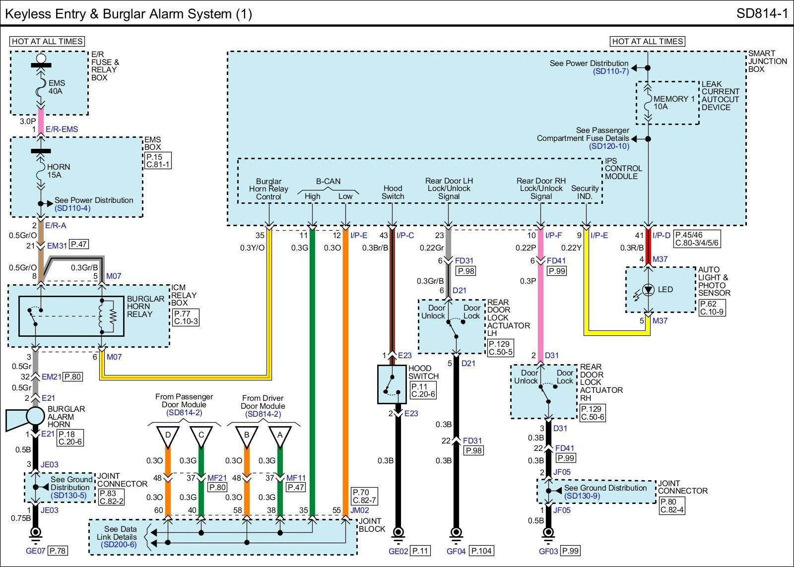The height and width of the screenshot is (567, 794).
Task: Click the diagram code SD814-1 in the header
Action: point(762,13)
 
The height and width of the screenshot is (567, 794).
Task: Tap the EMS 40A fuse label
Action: point(57,87)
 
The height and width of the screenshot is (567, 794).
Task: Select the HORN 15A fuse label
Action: point(59,171)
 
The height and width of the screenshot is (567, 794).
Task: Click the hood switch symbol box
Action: point(392,384)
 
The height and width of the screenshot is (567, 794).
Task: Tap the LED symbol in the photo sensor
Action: point(648,290)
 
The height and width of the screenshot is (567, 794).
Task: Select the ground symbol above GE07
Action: point(35,535)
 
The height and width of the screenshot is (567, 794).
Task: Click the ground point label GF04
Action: point(456,552)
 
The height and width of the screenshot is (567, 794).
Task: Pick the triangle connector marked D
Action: point(168,437)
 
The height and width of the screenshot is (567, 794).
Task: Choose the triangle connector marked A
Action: point(280,437)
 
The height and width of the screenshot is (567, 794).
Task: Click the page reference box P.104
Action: point(482,551)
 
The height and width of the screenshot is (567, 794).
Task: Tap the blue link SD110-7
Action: point(611,71)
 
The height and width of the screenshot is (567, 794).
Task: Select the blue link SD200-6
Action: point(119,545)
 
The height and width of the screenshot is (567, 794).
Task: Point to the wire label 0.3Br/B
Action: point(375,248)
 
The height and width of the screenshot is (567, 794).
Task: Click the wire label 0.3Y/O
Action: point(253,248)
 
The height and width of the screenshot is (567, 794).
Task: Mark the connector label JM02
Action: point(360,510)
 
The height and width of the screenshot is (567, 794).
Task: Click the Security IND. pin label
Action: point(585,192)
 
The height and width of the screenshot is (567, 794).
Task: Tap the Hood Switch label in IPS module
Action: point(393,192)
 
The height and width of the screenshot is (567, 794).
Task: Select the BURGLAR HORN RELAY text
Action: point(145,307)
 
